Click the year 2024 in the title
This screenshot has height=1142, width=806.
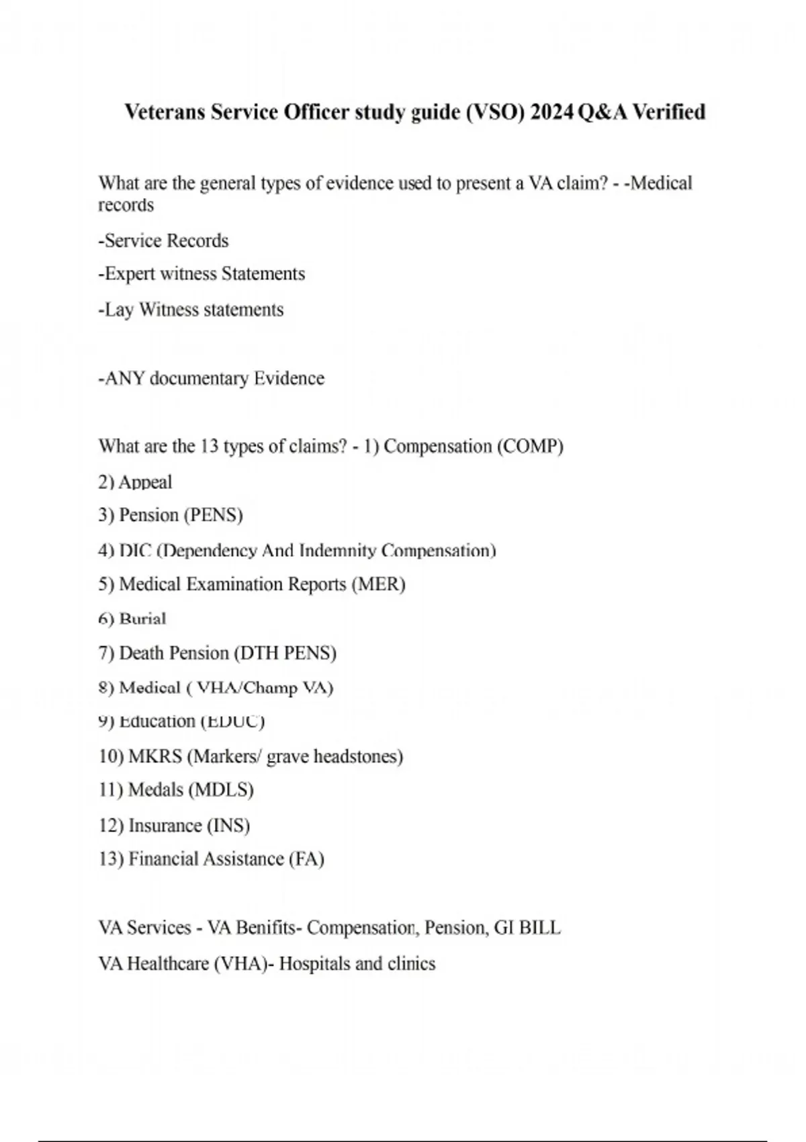point(551,112)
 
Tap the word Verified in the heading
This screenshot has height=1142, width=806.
point(669,112)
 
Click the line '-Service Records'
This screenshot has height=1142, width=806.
point(163,240)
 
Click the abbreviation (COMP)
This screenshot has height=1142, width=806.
point(530,446)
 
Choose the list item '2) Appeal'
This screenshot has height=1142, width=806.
point(135,482)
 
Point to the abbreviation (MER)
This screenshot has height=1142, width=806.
point(378,584)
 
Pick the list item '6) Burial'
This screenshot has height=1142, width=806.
point(132,619)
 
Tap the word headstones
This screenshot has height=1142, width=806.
point(358,756)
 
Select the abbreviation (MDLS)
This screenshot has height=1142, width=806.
point(221,789)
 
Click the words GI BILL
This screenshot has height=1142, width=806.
point(527,928)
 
